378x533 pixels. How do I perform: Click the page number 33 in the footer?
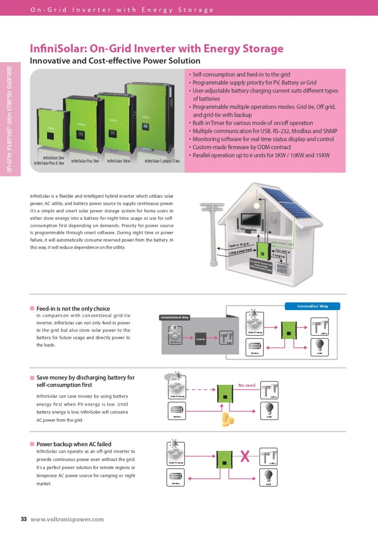24,519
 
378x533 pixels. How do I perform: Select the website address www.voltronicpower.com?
67,519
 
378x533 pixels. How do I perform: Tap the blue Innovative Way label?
312,306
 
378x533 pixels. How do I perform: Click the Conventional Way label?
175,317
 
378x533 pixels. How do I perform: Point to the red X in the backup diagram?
245,456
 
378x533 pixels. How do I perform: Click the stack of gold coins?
228,419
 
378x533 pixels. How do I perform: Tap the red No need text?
247,385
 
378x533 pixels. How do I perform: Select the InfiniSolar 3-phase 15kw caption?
162,161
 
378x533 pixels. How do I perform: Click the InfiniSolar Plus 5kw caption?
85,161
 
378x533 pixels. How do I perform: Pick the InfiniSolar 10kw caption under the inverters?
118,161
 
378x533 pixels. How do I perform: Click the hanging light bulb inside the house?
256,206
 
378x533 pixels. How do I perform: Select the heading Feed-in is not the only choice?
73,308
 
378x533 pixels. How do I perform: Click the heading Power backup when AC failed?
74,444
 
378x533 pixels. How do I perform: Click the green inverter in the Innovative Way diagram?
290,330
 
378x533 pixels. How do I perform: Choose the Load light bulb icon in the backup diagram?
268,477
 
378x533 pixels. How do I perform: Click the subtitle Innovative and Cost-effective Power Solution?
115,61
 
